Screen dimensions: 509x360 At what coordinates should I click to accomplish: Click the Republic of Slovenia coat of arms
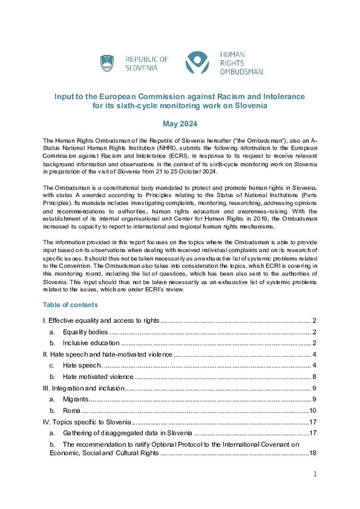tap(107, 63)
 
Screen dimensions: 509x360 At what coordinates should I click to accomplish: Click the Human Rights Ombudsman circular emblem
tap(197, 63)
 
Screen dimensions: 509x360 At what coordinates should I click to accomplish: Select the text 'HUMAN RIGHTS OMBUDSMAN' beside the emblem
tap(241, 64)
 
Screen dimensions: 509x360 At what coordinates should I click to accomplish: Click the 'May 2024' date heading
tap(179, 123)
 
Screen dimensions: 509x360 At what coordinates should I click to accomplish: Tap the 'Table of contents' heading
tap(70, 305)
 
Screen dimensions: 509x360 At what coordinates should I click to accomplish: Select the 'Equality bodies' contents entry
tap(85, 332)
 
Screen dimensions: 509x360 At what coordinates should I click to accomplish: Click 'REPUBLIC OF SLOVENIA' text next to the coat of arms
tap(146, 63)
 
